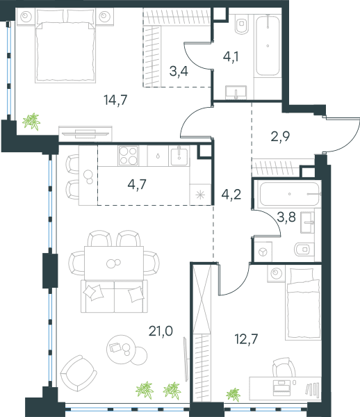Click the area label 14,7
(x=115, y=100)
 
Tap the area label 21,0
(x=161, y=331)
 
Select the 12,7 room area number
(x=246, y=339)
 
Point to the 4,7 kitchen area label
(x=137, y=184)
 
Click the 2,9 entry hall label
(x=280, y=136)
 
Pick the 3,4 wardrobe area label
(x=179, y=72)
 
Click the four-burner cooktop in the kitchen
(x=129, y=156)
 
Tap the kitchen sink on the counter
(x=179, y=155)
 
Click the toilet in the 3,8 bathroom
(x=304, y=250)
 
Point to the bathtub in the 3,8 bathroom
(x=289, y=194)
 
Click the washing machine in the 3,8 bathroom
(x=263, y=252)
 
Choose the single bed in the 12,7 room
(x=303, y=304)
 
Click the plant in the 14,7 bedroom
(x=31, y=122)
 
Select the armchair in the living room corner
(x=78, y=373)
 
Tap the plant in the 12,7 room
(x=234, y=394)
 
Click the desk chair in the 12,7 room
(x=284, y=367)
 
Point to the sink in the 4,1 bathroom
(x=236, y=92)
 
